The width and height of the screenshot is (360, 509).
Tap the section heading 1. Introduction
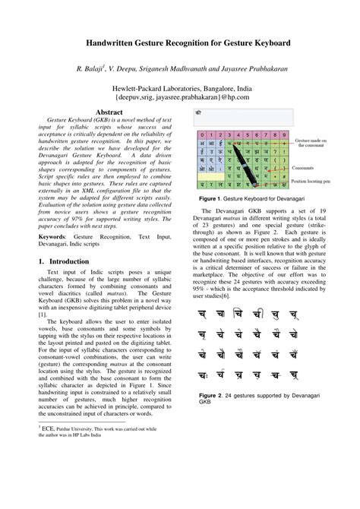(x=68, y=261)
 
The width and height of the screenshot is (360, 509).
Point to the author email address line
(x=181, y=96)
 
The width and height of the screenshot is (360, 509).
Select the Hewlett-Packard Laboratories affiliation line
(x=181, y=87)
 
